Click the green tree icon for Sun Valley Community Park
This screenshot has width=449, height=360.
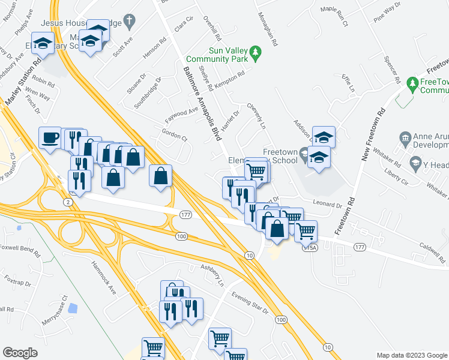pos(256,53)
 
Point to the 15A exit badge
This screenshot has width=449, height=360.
pos(309,247)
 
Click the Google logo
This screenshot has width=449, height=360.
pos(20,353)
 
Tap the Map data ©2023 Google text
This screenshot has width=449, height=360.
pos(411,355)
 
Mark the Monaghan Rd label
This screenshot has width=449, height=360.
pos(267,30)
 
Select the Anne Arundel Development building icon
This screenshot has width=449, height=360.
pos(405,139)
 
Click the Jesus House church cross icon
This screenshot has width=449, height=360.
pos(128,22)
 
